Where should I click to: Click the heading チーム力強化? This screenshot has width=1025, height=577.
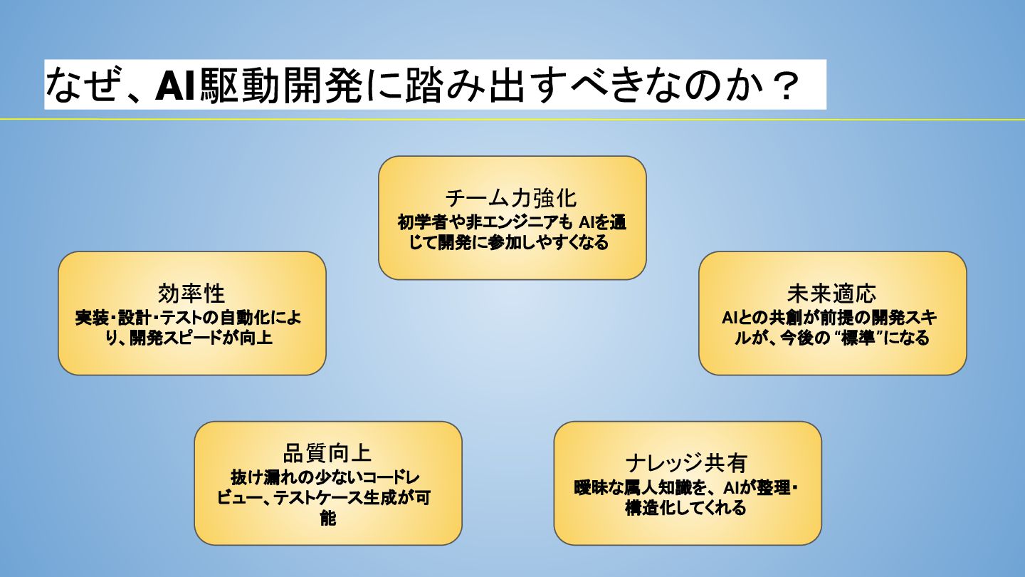coord(511,197)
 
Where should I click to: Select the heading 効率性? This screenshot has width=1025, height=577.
coord(191,293)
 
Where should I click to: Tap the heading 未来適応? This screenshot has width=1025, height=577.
coord(831,293)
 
